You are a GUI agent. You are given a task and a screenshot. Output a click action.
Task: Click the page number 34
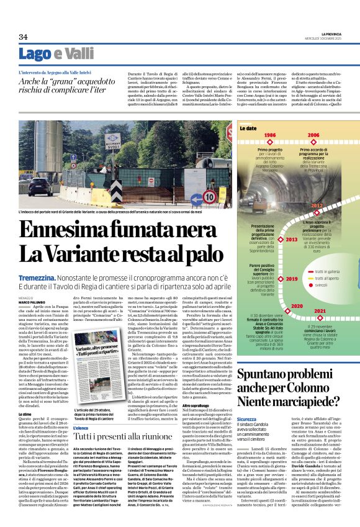(24, 37)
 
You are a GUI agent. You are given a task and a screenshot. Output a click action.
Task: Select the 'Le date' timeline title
(249, 127)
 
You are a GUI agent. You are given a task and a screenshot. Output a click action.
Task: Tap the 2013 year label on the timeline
(291, 239)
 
